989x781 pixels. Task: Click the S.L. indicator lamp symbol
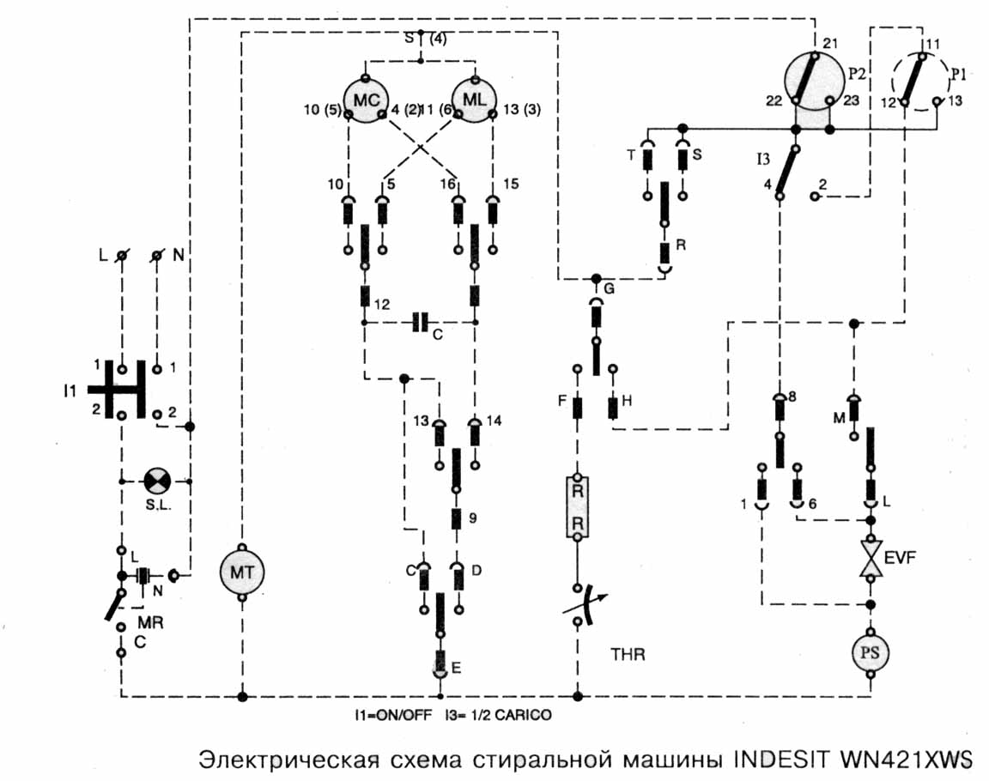click(156, 481)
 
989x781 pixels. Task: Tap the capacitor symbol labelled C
click(420, 322)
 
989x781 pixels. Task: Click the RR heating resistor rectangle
click(578, 507)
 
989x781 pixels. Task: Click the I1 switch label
click(72, 391)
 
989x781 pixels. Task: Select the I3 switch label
click(763, 159)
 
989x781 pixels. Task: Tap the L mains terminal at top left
click(122, 256)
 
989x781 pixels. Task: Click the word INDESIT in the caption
click(774, 760)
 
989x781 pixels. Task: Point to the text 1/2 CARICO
click(524, 714)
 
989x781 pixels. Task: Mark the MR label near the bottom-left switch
click(150, 621)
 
